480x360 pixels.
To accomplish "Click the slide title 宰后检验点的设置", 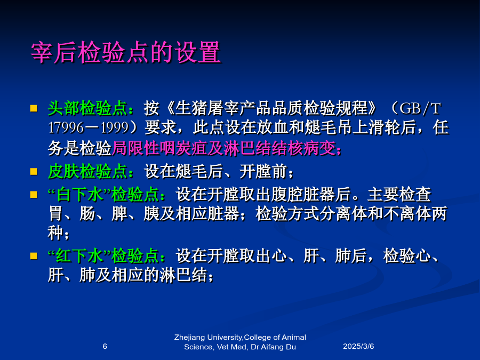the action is tap(126, 53).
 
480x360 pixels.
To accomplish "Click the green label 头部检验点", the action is tap(87, 108).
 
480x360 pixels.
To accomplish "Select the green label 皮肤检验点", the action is tap(87, 171).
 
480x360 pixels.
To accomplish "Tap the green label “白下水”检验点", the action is tap(103, 195).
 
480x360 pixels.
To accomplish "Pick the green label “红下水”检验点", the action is tap(103, 256).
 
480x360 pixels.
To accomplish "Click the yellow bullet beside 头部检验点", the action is tap(34, 108).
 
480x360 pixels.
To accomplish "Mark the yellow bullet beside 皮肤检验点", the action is tap(34, 171).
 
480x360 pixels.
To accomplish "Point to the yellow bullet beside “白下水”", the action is tap(34, 195).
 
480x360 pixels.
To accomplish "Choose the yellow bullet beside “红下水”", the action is tap(34, 256).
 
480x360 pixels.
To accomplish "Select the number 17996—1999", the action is tap(89, 127).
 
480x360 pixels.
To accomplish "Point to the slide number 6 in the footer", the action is tap(105, 346).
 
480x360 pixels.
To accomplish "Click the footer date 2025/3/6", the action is tap(358, 346).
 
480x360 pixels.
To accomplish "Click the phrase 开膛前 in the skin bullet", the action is tap(263, 171).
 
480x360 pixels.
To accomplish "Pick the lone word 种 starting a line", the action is tap(55, 233).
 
